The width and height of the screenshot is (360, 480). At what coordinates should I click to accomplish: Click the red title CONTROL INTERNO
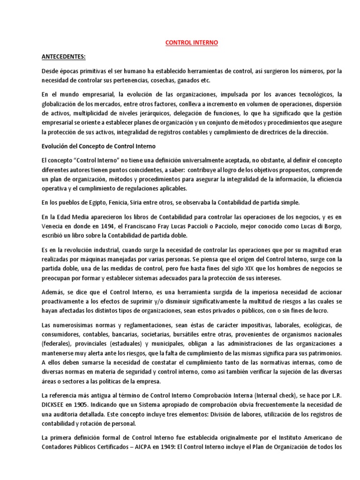pos(192,42)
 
